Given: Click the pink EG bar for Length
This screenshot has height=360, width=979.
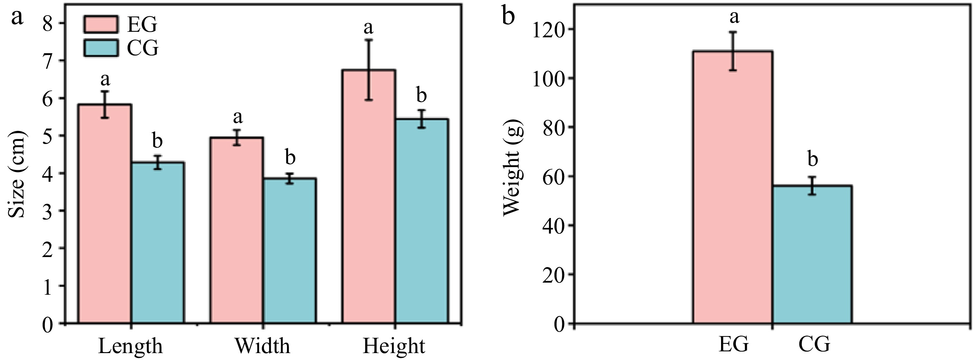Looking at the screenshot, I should [105, 213].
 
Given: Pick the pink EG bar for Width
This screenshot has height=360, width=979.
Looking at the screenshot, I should [237, 230].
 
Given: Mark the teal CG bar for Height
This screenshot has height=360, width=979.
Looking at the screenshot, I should [422, 220].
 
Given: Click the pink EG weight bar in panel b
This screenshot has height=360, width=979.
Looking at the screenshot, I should [733, 186].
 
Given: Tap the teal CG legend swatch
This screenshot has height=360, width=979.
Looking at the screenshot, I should [101, 48].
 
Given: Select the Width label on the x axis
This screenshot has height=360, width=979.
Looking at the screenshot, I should [262, 346].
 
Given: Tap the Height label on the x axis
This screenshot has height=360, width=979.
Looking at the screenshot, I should [394, 346].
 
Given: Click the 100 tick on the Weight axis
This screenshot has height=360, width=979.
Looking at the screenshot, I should [547, 79].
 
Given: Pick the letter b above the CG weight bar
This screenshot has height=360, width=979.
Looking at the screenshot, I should [813, 159].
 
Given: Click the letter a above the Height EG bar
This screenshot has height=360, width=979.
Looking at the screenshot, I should [368, 27].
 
